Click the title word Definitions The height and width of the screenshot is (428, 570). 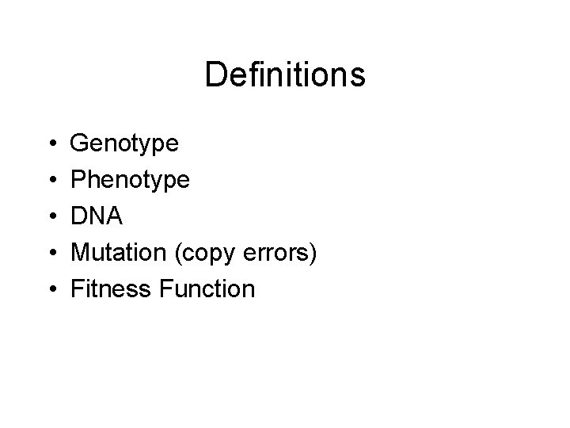[285, 75]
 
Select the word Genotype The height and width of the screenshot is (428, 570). [124, 145]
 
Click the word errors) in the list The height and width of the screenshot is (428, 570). [281, 253]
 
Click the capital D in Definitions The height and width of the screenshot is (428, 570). [215, 75]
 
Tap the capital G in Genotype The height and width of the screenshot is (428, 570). [81, 143]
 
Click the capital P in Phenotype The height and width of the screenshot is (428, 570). [79, 180]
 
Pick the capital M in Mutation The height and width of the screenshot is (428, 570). [81, 252]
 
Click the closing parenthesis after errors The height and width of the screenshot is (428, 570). [313, 254]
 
